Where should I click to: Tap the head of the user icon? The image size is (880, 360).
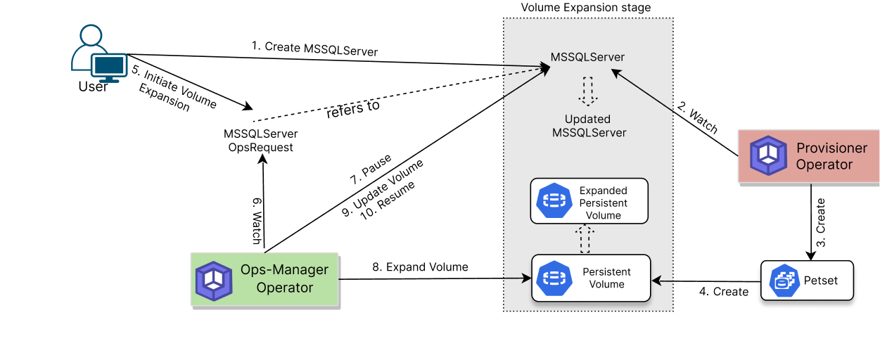[91, 36]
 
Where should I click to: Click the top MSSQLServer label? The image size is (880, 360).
[588, 57]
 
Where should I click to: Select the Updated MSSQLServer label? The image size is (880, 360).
[588, 126]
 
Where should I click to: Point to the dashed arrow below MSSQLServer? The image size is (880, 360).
[588, 91]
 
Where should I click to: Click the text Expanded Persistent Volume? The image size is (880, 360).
[603, 202]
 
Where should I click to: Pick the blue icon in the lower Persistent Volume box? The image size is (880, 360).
[554, 278]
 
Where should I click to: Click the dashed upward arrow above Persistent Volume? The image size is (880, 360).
[584, 239]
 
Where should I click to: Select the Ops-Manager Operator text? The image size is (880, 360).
[284, 278]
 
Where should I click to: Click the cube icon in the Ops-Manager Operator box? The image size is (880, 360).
[214, 281]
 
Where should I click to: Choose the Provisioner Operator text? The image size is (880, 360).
[831, 156]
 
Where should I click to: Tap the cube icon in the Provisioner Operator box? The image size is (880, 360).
[767, 155]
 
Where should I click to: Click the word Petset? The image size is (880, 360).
[821, 281]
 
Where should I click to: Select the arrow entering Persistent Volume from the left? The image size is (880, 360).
[517, 278]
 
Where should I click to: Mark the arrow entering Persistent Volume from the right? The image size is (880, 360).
[663, 281]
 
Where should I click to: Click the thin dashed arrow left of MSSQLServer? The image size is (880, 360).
[526, 72]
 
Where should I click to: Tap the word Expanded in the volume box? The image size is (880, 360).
[603, 191]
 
